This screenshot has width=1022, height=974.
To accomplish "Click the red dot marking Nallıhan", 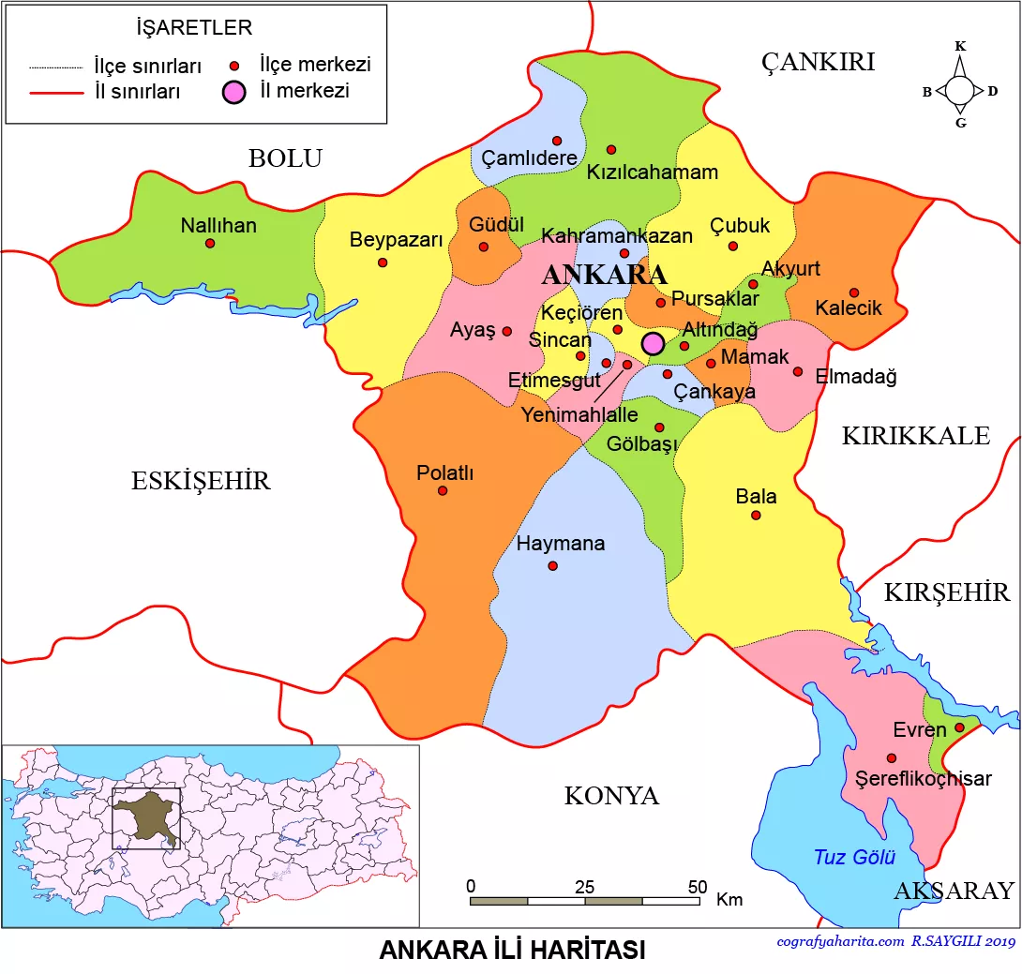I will coord(210,243).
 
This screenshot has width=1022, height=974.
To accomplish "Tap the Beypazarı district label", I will coord(396,240).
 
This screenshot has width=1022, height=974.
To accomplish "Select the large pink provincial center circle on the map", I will coord(654,343).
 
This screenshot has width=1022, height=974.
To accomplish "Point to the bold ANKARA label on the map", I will coord(605,275).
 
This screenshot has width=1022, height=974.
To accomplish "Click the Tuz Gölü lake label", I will coord(854,857).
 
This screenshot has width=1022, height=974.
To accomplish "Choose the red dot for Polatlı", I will coord(443,490).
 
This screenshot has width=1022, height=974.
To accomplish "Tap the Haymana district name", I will coord(561,544).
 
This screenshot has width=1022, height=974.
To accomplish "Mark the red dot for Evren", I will coord(959,727).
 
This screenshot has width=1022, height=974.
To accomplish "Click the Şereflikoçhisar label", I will coord(924,778).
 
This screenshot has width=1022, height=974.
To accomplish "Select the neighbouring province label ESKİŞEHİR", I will coord(201,482).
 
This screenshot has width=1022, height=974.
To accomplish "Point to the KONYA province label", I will coord(611,796).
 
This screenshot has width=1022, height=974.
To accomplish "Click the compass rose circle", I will coord(959,91).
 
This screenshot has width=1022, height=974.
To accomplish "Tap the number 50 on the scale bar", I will coord(697,887).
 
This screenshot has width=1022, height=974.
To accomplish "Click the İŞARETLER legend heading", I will coord(194,28).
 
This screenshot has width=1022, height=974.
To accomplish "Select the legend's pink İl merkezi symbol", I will coord(234,92).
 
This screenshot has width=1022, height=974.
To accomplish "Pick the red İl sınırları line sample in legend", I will coord(58,93).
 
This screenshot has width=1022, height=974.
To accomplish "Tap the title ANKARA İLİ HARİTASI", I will coord(512,950).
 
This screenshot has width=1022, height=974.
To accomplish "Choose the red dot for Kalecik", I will coord(853,292).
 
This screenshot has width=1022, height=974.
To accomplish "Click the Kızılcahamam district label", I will coord(653,172).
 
